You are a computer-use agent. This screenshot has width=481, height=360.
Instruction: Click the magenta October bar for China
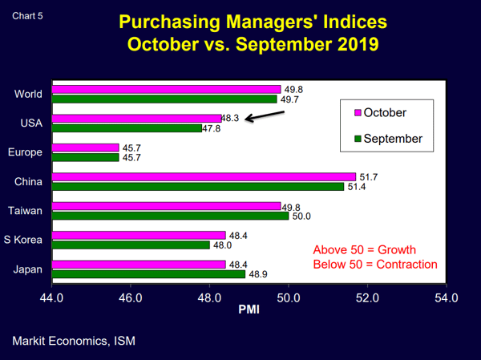click(204, 176)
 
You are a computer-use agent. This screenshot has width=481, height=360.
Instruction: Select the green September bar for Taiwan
click(170, 215)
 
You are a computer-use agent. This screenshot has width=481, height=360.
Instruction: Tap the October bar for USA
click(136, 118)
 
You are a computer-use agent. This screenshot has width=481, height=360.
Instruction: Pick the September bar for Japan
click(148, 273)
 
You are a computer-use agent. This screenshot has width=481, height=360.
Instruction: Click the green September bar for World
click(164, 99)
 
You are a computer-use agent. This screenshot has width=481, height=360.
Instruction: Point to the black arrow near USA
click(265, 116)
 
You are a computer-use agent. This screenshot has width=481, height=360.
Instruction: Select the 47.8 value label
click(212, 128)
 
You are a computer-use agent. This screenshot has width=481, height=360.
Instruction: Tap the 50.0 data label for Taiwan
click(301, 216)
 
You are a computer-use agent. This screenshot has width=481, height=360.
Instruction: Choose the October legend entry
click(378, 112)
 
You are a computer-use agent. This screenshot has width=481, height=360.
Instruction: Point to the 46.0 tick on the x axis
click(131, 298)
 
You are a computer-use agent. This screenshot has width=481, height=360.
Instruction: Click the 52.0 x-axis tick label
click(366, 298)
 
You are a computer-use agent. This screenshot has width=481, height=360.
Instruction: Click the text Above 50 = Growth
click(365, 249)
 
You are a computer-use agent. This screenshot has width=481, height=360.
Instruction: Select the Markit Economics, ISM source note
click(74, 341)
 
